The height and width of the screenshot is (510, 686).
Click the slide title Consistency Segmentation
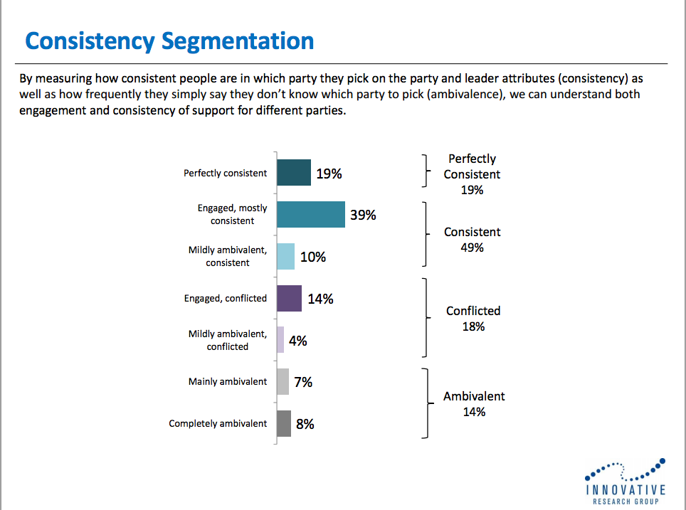[x=169, y=41]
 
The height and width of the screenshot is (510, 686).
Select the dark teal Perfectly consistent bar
[x=293, y=173]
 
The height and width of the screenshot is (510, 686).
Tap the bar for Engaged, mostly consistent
[x=310, y=214]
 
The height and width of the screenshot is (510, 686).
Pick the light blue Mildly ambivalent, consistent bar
[x=285, y=256]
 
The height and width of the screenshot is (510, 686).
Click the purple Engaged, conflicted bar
[x=289, y=298]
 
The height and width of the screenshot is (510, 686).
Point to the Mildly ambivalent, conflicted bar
[x=280, y=340]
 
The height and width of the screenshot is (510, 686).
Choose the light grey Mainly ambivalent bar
[x=283, y=382]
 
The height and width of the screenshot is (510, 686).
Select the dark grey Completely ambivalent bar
[x=283, y=423]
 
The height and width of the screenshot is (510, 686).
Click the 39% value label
[x=363, y=215]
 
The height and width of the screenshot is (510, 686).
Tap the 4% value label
[x=298, y=341]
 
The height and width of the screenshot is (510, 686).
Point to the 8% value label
[x=305, y=424]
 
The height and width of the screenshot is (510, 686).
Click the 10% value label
[x=313, y=257]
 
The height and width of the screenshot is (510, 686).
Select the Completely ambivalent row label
[x=218, y=423]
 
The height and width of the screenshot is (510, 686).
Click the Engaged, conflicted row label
[x=226, y=298]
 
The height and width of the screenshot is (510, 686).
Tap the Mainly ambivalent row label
[x=228, y=382]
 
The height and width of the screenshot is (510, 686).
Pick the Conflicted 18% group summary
[x=473, y=319]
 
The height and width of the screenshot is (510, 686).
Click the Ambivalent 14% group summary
[x=474, y=403]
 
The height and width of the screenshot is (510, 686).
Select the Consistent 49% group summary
[x=473, y=240]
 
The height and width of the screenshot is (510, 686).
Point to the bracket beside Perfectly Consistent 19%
[x=425, y=171]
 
